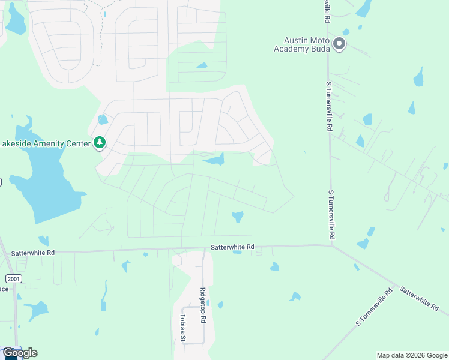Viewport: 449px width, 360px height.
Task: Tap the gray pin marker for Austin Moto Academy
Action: tap(339, 44)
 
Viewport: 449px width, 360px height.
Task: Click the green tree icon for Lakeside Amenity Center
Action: tap(99, 143)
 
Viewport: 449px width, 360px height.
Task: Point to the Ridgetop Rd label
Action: tap(203, 305)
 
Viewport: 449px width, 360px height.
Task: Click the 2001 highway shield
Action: tap(13, 279)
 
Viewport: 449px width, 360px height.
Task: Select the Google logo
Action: tap(20, 353)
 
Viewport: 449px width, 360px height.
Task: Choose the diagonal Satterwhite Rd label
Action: tap(419, 298)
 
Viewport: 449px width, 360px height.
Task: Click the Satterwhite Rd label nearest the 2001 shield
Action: tap(32, 253)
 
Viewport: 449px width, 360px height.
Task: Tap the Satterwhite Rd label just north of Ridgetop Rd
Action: tap(232, 247)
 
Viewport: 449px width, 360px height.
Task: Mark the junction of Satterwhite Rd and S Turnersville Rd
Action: tap(332, 245)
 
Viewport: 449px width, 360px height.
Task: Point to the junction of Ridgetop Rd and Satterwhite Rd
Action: tap(203, 248)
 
